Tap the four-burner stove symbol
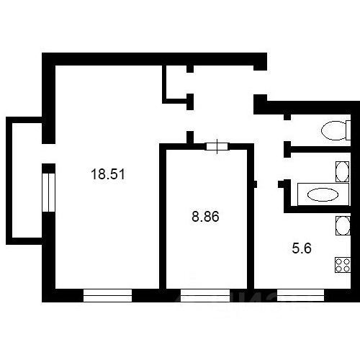(342, 264)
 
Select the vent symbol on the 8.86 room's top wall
(217, 147)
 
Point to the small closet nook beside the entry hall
(176, 83)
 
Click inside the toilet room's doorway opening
(287, 132)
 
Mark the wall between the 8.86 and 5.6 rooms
(251, 223)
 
